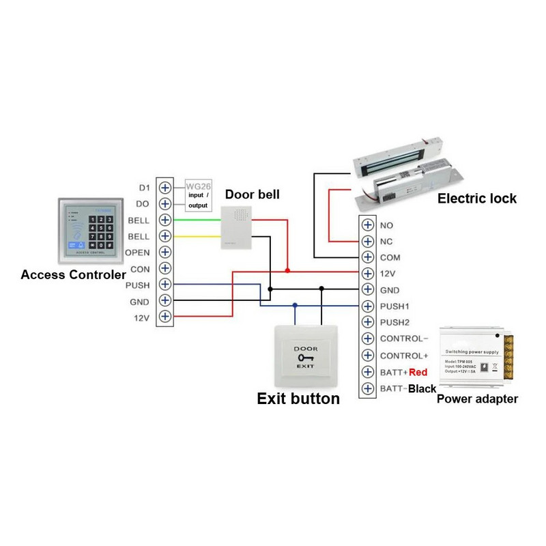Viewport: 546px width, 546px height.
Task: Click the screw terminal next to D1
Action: click(x=164, y=188)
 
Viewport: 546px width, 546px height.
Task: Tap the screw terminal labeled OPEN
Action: click(x=164, y=253)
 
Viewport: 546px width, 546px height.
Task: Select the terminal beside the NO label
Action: click(x=368, y=225)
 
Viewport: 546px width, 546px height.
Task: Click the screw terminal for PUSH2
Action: click(x=368, y=323)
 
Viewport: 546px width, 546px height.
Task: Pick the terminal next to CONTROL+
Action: click(x=368, y=356)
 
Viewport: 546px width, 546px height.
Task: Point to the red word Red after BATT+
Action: click(x=418, y=372)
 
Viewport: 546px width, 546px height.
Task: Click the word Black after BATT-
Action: click(x=421, y=388)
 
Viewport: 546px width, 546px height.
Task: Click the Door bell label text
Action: click(x=252, y=195)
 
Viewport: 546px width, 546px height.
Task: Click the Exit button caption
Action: click(x=298, y=399)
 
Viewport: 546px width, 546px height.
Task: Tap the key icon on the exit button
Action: click(x=306, y=357)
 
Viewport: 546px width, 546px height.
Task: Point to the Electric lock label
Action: click(x=476, y=199)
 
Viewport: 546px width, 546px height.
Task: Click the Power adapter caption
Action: click(x=477, y=399)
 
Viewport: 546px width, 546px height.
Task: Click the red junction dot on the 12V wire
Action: click(x=287, y=271)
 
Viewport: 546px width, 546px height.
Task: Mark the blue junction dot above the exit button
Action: click(x=295, y=306)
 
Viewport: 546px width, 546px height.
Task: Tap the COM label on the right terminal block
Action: click(x=390, y=258)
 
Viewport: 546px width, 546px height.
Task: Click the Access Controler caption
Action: click(x=73, y=275)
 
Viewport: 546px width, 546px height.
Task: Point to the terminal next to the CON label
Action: click(x=164, y=269)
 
